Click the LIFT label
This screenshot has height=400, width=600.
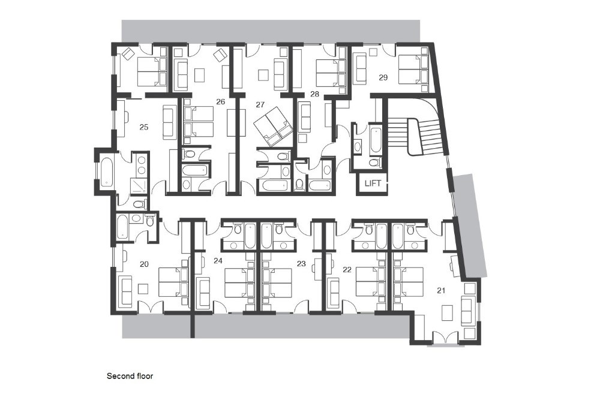point(373,183)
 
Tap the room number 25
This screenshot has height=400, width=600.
point(144,127)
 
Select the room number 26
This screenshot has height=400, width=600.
point(220,102)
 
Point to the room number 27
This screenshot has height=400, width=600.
point(260,104)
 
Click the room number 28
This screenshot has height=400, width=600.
point(314,94)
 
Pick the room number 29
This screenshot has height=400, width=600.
point(383,77)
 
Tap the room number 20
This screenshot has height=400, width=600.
point(144,264)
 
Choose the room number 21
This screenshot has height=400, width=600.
point(441,291)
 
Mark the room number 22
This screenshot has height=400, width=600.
point(347,270)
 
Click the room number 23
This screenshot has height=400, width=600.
point(301,264)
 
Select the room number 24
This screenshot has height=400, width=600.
point(218,261)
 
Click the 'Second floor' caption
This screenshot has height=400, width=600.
point(130,376)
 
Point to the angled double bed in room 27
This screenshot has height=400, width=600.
point(273,127)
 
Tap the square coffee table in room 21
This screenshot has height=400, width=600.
point(448,312)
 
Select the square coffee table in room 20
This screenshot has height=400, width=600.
point(143,288)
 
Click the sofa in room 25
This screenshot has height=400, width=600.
point(169,122)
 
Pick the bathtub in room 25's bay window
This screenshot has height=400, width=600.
point(107,172)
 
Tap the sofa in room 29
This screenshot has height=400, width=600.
point(360,69)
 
